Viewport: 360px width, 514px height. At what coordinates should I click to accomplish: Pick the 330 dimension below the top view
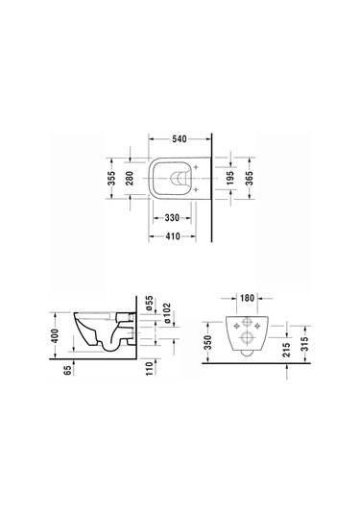tap(172, 219)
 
